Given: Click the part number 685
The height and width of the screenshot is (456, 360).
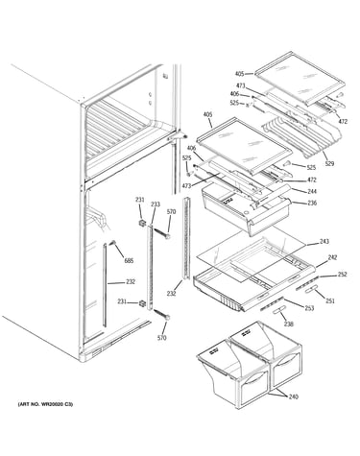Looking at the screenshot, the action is pyautogui.click(x=129, y=261).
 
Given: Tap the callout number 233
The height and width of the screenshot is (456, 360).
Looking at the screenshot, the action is pyautogui.click(x=156, y=204).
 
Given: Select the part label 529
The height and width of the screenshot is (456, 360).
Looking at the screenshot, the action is pyautogui.click(x=329, y=163).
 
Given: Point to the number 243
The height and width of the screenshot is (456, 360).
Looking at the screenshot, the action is pyautogui.click(x=324, y=242).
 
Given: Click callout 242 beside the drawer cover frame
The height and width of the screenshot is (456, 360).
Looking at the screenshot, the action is pyautogui.click(x=332, y=257).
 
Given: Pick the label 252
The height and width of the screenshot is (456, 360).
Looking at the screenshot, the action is pyautogui.click(x=342, y=275).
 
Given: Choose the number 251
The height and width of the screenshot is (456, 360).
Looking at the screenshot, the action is pyautogui.click(x=330, y=300).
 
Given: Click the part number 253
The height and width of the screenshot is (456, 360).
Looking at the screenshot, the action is pyautogui.click(x=309, y=308).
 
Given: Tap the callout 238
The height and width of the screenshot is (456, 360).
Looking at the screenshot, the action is pyautogui.click(x=289, y=324).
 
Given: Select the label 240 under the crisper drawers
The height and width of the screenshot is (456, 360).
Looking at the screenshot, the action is pyautogui.click(x=293, y=396).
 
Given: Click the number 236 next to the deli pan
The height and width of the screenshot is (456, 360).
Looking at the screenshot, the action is pyautogui.click(x=312, y=203).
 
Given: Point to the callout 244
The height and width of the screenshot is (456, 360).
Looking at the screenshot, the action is pyautogui.click(x=312, y=191).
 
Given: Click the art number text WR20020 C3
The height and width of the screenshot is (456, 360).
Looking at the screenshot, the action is pyautogui.click(x=56, y=404).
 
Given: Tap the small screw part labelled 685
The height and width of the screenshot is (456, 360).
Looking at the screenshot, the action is pyautogui.click(x=112, y=243).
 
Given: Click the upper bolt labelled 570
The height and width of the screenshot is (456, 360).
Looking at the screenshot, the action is pyautogui.click(x=162, y=233).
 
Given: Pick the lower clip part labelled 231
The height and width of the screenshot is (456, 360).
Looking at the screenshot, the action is pyautogui.click(x=142, y=303).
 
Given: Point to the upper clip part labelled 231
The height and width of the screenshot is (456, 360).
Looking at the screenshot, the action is pyautogui.click(x=142, y=223).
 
